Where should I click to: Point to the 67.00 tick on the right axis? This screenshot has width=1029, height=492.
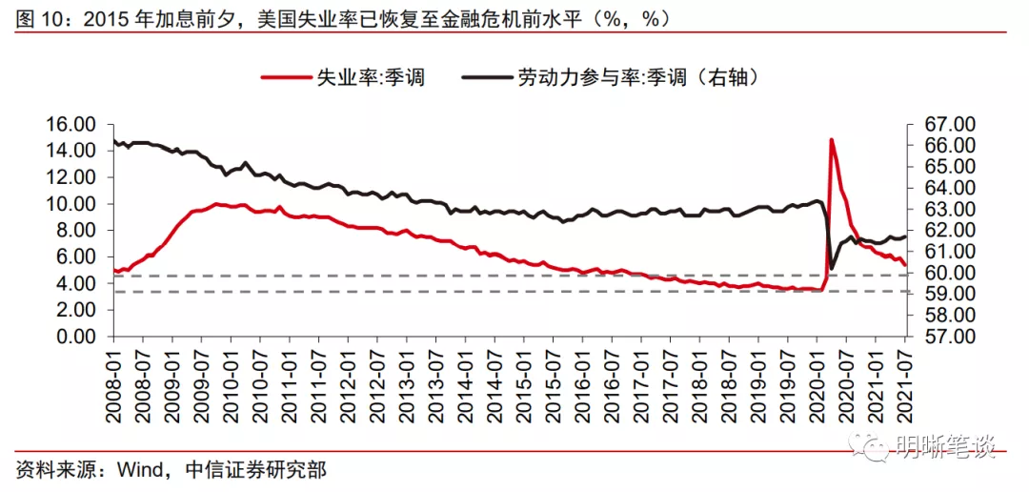click(938, 124)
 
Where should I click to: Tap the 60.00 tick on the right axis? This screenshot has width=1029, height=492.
click(938, 273)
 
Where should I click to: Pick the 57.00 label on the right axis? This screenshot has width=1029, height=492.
click(938, 337)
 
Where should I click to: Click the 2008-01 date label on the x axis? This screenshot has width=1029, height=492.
click(114, 381)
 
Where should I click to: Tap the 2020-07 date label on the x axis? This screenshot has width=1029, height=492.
click(844, 381)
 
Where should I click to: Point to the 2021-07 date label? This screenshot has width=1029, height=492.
click(903, 381)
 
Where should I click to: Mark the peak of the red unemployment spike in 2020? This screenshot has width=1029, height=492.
click(831, 140)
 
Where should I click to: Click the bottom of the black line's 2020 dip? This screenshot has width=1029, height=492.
click(832, 268)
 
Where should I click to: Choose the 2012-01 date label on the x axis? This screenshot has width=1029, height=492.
click(348, 381)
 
